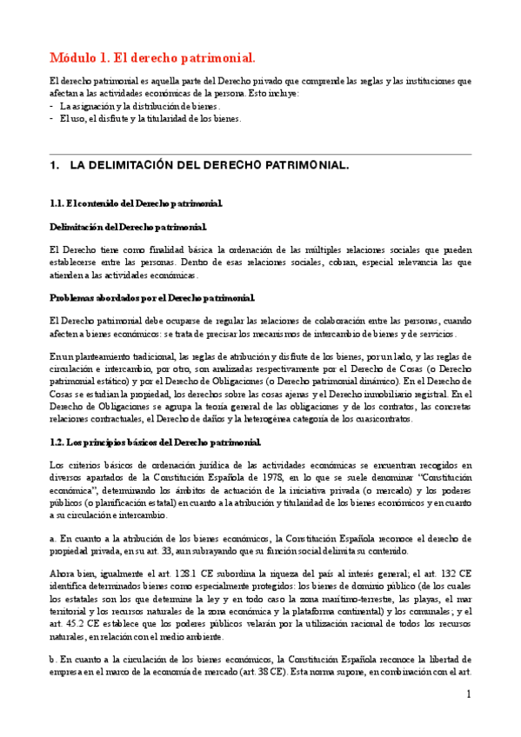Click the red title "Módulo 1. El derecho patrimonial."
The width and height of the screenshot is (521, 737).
(x=152, y=58)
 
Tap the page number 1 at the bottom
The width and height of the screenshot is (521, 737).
(x=468, y=694)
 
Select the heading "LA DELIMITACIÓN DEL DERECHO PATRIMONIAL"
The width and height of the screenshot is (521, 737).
(x=209, y=164)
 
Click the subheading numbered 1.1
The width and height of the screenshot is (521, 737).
(x=137, y=203)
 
